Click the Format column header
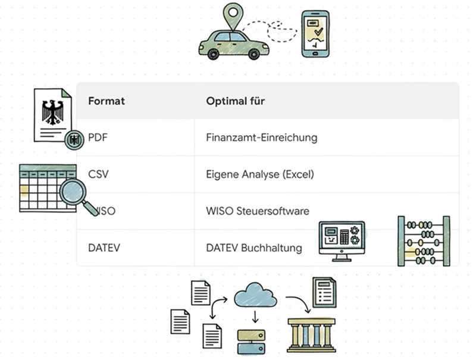107,101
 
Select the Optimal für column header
236,101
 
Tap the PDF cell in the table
98,137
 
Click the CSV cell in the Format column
98,174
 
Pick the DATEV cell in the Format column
104,248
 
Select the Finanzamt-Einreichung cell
261,137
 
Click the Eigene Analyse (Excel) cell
259,174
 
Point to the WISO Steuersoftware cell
258,211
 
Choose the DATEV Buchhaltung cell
254,248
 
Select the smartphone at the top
315,33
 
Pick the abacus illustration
424,241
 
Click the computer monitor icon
342,240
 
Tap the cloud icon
255,296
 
